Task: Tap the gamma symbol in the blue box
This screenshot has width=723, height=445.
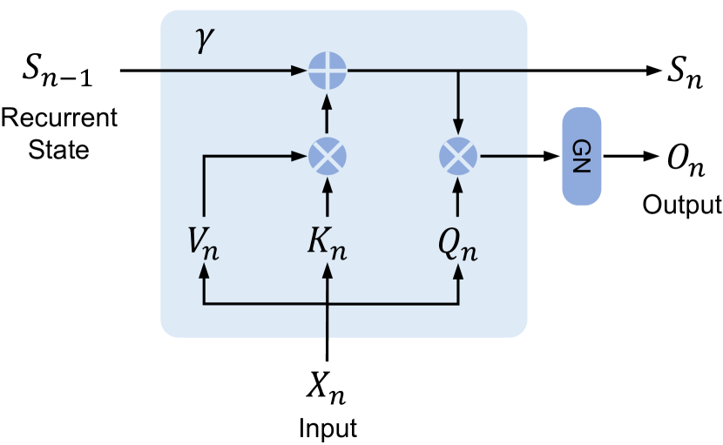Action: pyautogui.click(x=205, y=43)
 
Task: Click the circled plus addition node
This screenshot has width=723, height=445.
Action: pyautogui.click(x=328, y=70)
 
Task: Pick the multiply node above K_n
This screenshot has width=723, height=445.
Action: pyautogui.click(x=328, y=157)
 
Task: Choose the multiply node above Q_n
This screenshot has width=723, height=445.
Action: pyautogui.click(x=458, y=157)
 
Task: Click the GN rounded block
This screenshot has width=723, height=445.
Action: pyautogui.click(x=582, y=157)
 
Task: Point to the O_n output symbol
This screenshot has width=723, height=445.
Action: pyautogui.click(x=686, y=162)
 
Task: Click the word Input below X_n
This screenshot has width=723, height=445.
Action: pyautogui.click(x=328, y=428)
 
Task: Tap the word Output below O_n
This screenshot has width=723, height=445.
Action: pyautogui.click(x=682, y=205)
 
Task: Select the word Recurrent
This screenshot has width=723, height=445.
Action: pyautogui.click(x=58, y=117)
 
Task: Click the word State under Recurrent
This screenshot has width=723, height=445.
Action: pyautogui.click(x=58, y=149)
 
